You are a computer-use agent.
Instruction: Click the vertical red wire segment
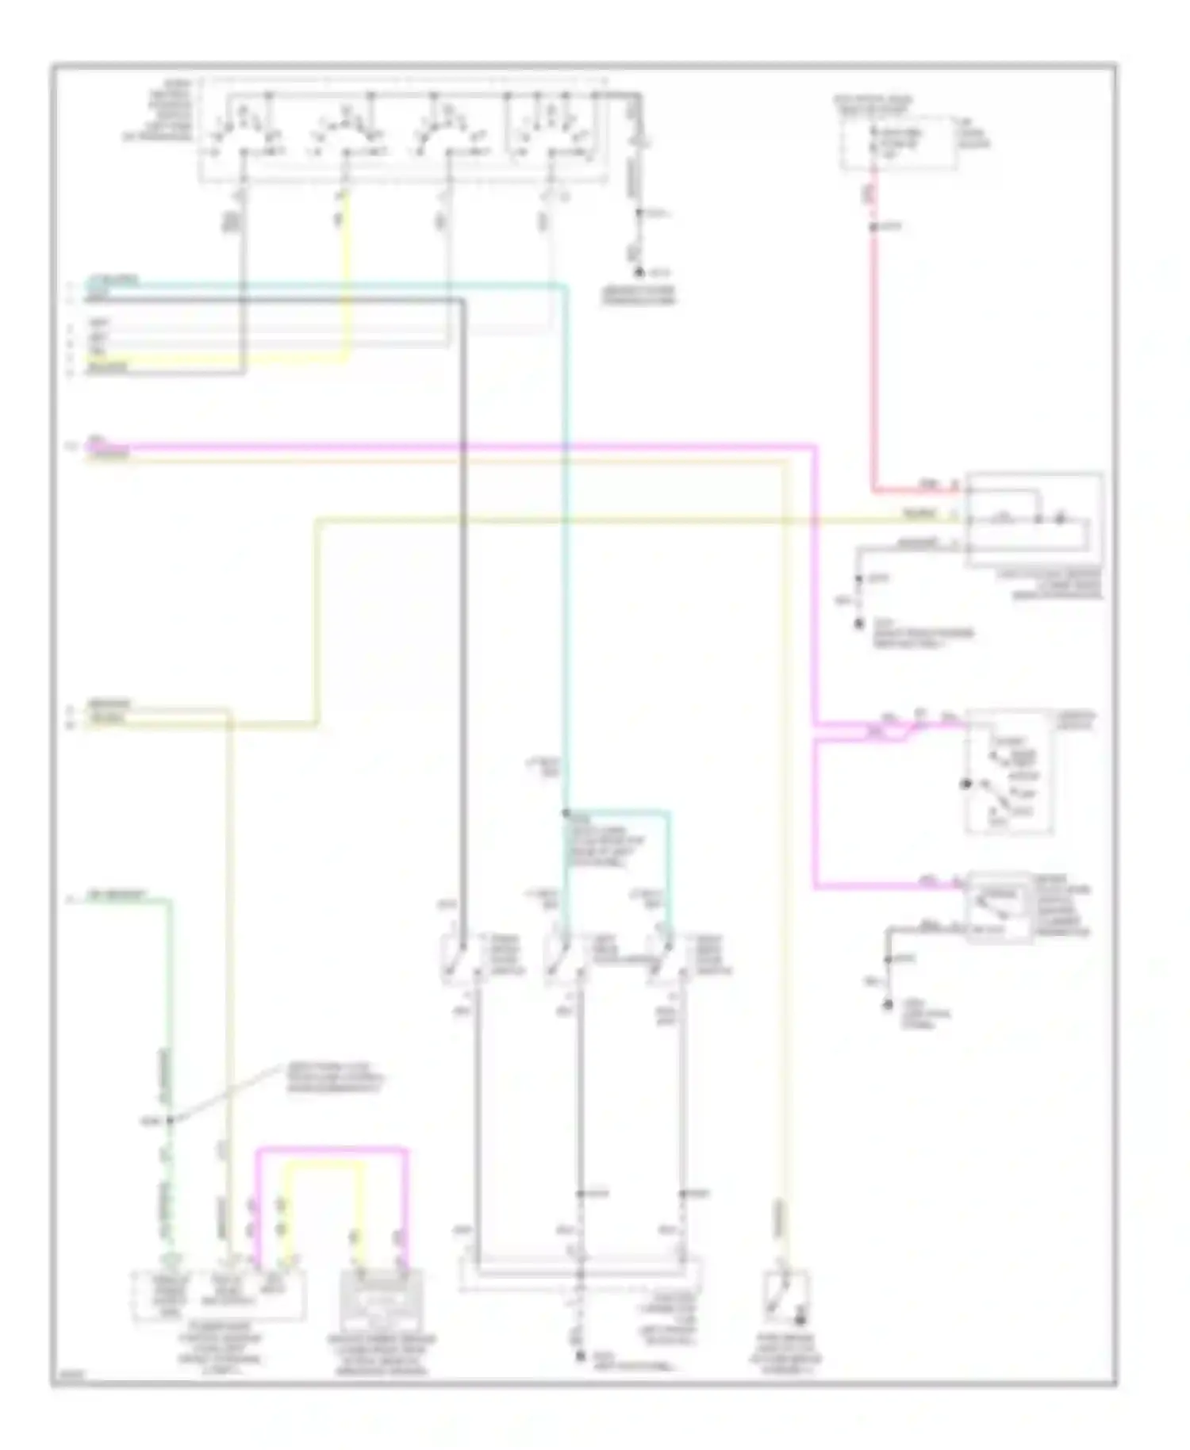(x=874, y=357)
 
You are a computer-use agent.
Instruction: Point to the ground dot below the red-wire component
(x=858, y=624)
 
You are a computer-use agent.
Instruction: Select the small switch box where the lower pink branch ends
(x=998, y=907)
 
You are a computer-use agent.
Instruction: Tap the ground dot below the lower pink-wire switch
(x=888, y=1006)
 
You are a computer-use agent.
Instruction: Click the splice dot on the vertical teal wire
(x=566, y=813)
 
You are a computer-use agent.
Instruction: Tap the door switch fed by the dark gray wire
(x=459, y=957)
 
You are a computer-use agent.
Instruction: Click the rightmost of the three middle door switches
(x=665, y=957)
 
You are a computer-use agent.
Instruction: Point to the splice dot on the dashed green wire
(x=170, y=1121)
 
